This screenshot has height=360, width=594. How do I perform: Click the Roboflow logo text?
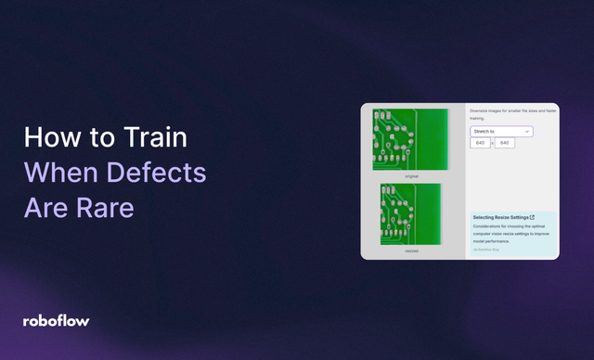coord(57,321)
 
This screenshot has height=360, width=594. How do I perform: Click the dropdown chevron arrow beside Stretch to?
coord(527,131)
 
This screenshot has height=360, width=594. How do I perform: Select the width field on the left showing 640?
coord(481,143)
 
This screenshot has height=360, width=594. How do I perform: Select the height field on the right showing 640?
coord(506,143)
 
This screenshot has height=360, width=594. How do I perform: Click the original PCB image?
coord(409,139)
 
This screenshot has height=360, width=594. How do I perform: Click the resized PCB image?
coord(409,213)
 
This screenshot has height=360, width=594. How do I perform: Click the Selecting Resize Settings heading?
coord(499,217)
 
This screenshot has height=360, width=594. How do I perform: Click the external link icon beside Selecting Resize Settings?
coord(532,217)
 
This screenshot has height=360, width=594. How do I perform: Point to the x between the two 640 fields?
coord(493,143)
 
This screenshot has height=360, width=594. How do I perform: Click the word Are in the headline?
coord(46,207)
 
